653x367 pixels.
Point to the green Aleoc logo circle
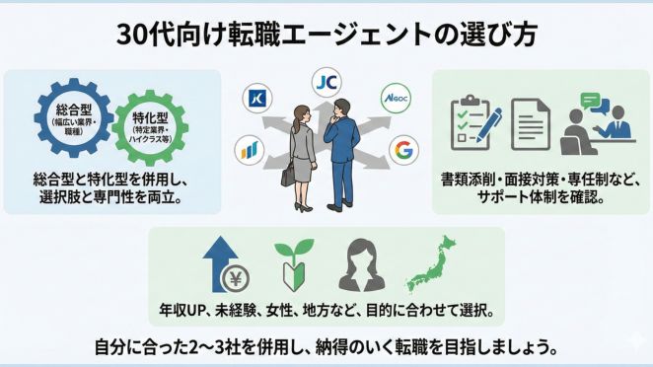[x=396, y=99]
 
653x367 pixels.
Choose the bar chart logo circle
[x=251, y=151]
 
